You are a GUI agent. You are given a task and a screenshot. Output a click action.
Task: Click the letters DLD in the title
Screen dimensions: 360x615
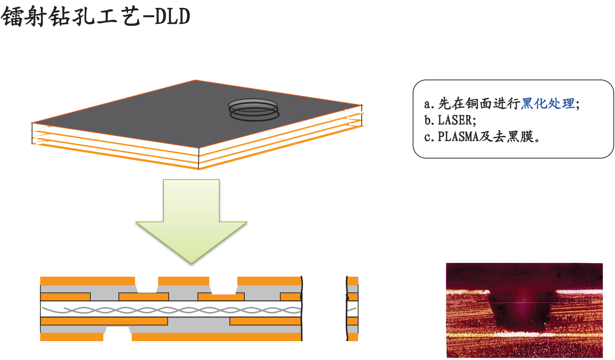[x=173, y=17]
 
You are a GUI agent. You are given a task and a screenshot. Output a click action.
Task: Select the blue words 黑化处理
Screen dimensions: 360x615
[x=548, y=103]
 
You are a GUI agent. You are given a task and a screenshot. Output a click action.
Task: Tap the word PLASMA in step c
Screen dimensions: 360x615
[x=458, y=137]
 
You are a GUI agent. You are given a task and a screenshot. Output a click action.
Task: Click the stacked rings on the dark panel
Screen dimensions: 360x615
[x=254, y=110]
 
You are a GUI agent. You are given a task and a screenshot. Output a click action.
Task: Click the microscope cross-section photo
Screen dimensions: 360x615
[x=524, y=310]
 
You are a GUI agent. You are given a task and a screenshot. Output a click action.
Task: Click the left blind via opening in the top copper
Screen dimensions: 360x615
[x=147, y=285]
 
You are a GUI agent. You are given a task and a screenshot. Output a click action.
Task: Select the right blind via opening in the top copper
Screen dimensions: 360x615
[x=223, y=285]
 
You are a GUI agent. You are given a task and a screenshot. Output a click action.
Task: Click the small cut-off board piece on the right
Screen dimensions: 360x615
[x=352, y=309]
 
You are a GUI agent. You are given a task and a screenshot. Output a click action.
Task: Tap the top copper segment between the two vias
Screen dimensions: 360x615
[x=183, y=280]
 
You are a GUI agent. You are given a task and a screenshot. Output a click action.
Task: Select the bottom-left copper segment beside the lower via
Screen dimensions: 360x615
[x=72, y=337]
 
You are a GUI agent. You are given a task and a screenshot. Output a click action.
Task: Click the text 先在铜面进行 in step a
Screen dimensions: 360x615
[x=479, y=103]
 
